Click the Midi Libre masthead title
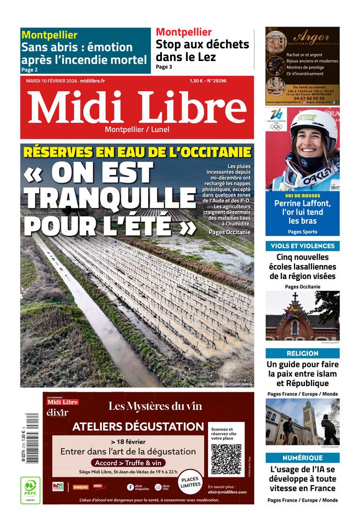(137, 107)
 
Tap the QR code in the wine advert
(226, 459)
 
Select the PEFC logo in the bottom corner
(30, 490)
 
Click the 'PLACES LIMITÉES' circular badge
(190, 477)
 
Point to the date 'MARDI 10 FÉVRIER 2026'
(52, 80)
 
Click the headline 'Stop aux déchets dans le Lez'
(202, 51)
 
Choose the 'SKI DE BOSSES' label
(302, 196)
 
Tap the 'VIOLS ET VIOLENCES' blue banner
(302, 246)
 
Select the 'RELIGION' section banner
(302, 353)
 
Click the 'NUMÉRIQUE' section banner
(302, 458)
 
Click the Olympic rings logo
(276, 127)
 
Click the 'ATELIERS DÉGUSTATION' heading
(138, 426)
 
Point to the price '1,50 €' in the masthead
(197, 80)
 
